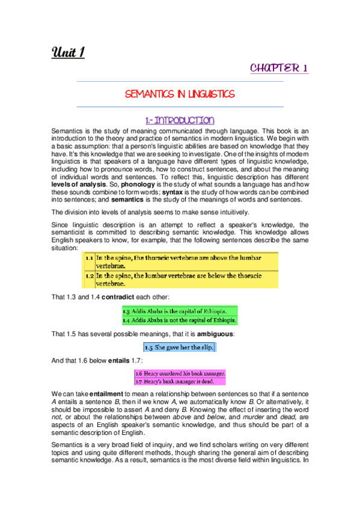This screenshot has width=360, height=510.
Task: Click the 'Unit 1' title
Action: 67,53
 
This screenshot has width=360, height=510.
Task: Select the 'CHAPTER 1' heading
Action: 279,68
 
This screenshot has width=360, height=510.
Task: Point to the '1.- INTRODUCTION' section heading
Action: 179,121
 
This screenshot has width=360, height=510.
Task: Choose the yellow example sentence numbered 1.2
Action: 180,279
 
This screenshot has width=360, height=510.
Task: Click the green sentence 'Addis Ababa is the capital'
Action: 179,312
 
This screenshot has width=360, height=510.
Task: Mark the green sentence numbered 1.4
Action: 179,320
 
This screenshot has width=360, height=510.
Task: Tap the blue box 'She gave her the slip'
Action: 178,347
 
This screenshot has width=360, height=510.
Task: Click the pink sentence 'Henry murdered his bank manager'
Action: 180,373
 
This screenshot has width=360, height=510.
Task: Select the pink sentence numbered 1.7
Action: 180,381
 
